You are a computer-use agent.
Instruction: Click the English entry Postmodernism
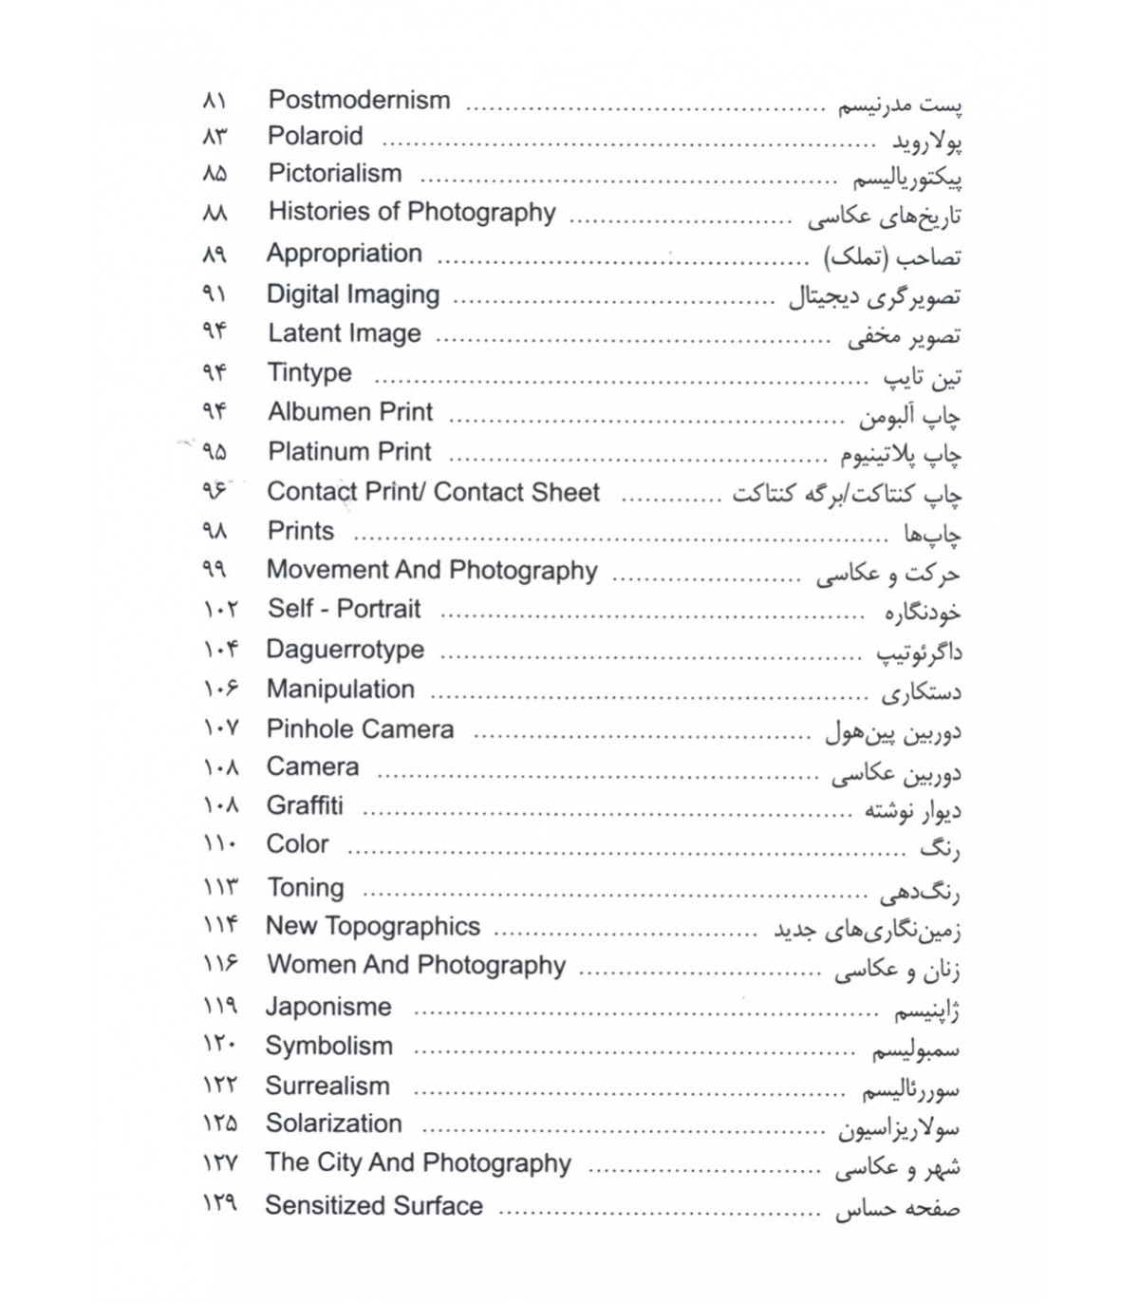[x=359, y=100]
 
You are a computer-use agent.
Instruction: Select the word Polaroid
[x=315, y=136]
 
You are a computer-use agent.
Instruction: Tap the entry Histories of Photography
[x=412, y=212]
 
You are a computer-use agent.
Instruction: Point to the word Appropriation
[x=344, y=254]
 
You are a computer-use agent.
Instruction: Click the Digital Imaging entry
[x=353, y=294]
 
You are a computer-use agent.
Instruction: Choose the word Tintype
[x=309, y=372]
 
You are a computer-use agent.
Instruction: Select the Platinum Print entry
[x=349, y=452]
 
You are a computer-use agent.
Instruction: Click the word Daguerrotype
[x=345, y=650]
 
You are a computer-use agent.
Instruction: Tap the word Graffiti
[x=305, y=805]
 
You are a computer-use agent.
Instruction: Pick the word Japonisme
[x=328, y=1007]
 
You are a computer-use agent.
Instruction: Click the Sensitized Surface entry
[x=374, y=1206]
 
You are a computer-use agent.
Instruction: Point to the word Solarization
[x=334, y=1124]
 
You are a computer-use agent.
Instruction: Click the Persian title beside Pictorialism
[x=907, y=178]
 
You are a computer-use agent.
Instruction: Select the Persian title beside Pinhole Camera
[x=892, y=732]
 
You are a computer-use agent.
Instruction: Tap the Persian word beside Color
[x=940, y=848]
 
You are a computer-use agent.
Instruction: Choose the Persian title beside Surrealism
[x=910, y=1090]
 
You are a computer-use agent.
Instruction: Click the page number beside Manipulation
[x=220, y=689]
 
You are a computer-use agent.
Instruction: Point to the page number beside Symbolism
[x=220, y=1046]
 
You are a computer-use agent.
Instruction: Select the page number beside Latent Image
[x=215, y=332]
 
